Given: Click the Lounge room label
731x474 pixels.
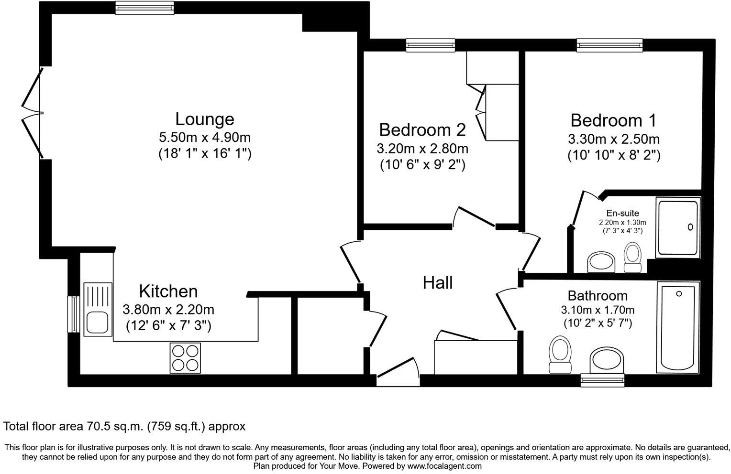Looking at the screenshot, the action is coord(205,119).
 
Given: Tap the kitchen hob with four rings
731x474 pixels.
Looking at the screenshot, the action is coord(185,357).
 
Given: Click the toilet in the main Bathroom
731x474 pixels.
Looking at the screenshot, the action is coord(560,354).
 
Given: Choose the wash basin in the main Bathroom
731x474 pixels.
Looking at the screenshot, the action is coord(607,360).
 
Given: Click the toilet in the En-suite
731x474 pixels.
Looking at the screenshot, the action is coord(632,257).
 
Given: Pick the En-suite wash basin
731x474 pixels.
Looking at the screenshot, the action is coord(601,261).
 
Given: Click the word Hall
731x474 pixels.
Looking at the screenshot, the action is coord(438,283).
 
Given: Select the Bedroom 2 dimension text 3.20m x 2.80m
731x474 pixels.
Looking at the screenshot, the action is coord(422,149).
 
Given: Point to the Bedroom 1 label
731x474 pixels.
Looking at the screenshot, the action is coord(613,120).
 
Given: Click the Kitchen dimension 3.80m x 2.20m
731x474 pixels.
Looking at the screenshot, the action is coord(168,309).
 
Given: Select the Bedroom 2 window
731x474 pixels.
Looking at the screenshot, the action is coord(431,45).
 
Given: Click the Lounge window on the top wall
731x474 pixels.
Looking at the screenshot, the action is coord(144,8).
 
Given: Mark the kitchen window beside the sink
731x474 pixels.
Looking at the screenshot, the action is coord(74,314).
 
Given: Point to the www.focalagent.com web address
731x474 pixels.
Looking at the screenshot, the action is coord(444,466).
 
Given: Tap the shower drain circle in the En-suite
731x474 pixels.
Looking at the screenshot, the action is coord(690,227).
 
